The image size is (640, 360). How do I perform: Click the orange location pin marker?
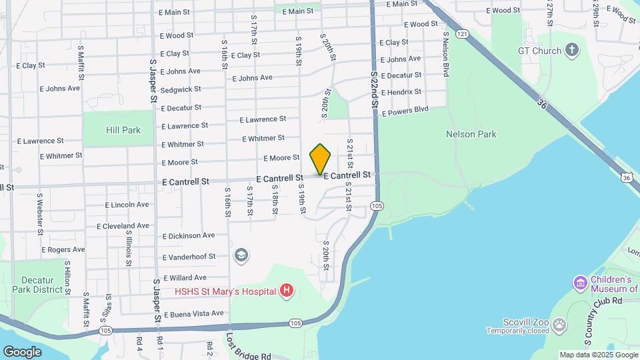coord(321,159)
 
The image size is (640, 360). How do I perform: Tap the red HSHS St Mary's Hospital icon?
coord(287,291)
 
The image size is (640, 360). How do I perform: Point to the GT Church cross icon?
coord(572,50)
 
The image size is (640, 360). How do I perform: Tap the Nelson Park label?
coord(471,134)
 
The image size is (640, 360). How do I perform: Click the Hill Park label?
coord(123,130)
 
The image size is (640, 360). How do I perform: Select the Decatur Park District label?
coord(42,285)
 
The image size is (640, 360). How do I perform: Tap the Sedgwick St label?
coord(181,89)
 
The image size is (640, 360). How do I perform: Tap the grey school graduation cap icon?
coord(241,255)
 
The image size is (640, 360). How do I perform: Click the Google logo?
coord(22,351)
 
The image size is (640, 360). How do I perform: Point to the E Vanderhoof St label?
coord(189,257)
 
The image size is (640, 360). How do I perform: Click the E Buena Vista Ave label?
coord(193,313)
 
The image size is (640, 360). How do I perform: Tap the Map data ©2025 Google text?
coord(598,355)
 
